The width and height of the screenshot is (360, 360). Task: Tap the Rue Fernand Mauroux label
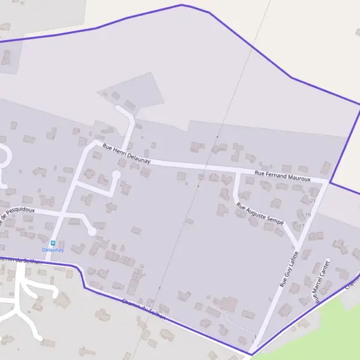tap(283, 175)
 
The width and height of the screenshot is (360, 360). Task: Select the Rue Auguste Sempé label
tap(260, 214)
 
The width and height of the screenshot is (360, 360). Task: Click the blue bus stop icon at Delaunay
tap(53, 244)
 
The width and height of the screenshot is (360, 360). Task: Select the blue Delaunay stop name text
tap(53, 250)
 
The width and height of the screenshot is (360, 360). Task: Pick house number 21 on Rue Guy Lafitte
tap(313, 200)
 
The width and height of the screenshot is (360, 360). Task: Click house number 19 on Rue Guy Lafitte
tap(308, 214)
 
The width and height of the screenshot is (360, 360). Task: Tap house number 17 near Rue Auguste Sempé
tap(302, 226)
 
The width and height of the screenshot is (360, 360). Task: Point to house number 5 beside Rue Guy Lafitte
tap(270, 299)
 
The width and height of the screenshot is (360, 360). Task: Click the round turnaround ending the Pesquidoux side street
tap(92, 232)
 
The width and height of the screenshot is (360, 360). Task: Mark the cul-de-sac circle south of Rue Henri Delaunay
tap(116, 175)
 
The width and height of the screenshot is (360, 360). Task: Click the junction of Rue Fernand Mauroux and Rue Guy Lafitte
tap(327, 181)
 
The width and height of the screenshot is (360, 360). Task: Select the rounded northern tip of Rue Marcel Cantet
tap(328, 261)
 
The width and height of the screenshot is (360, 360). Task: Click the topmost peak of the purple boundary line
tap(181, 5)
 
